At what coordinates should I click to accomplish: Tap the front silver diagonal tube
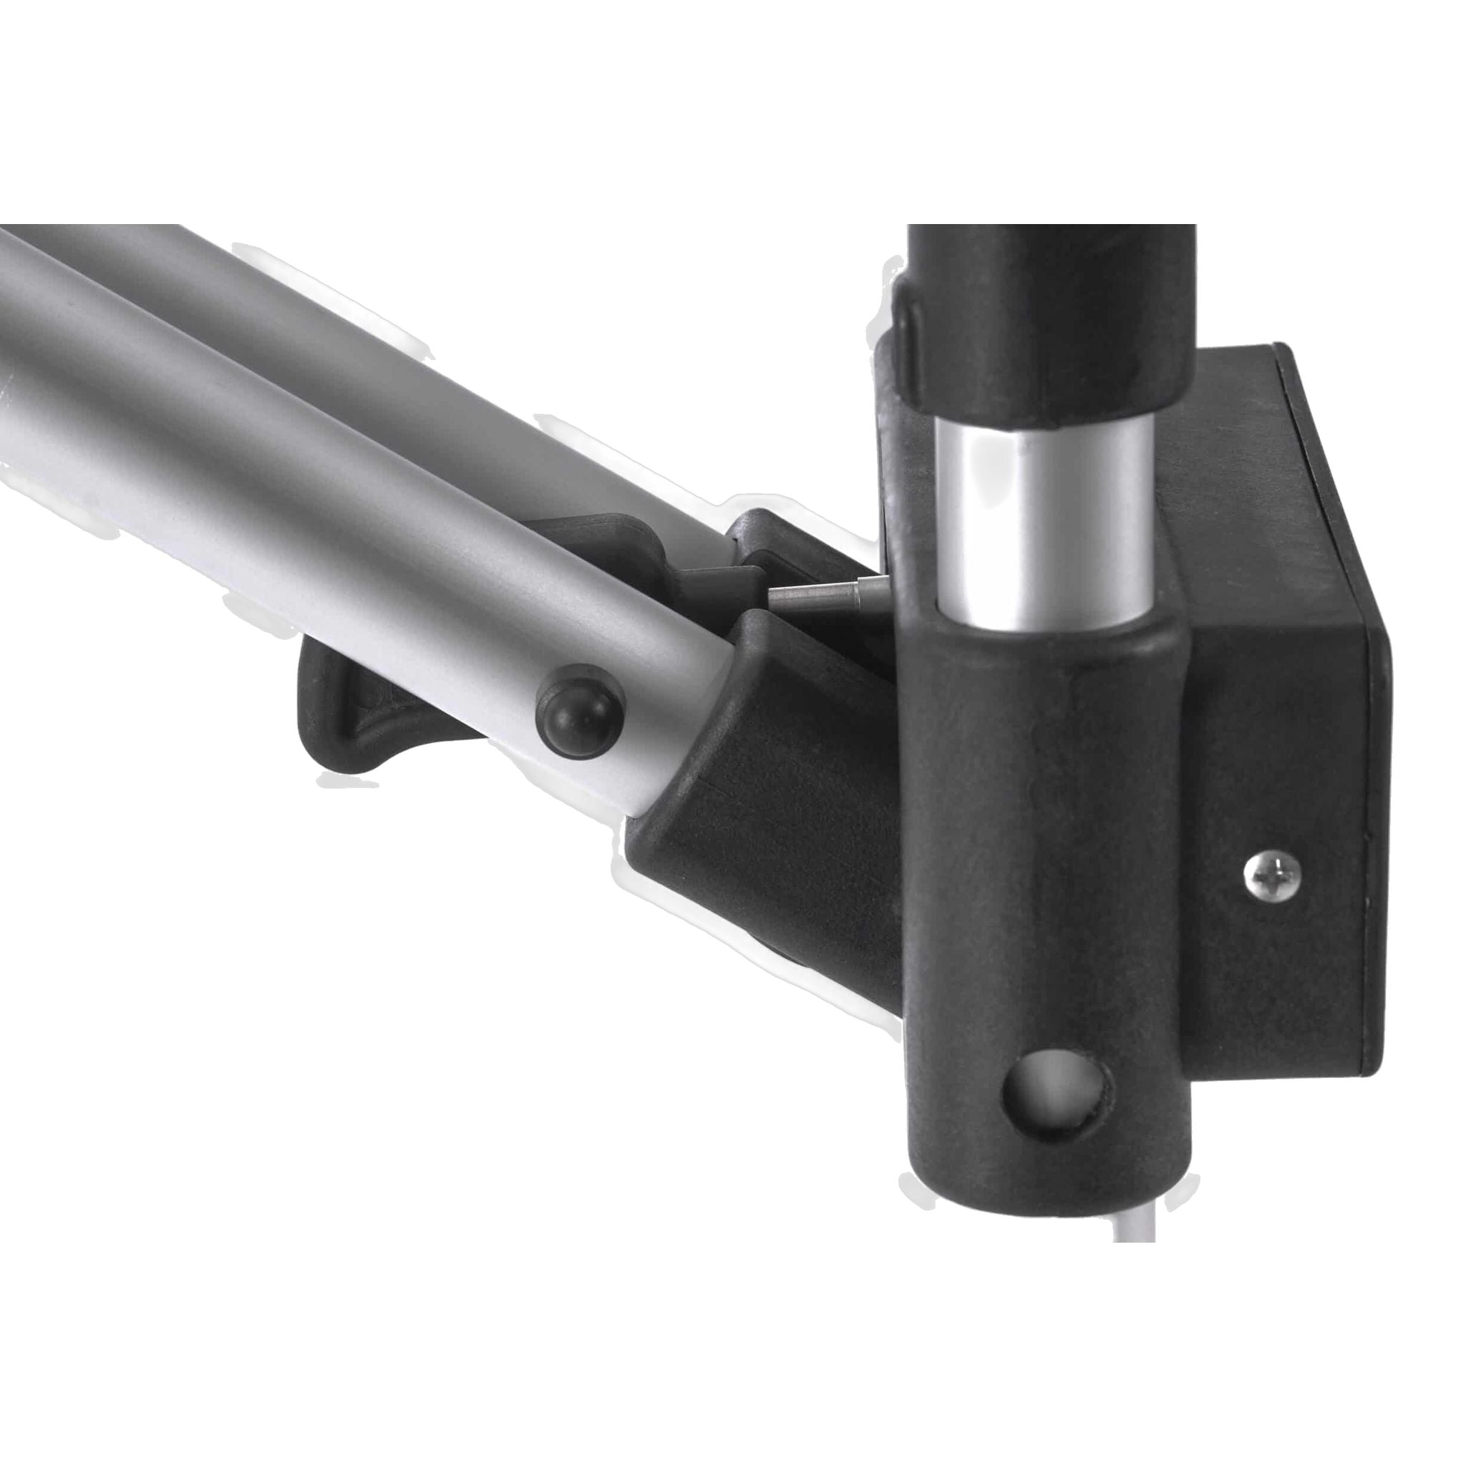pyautogui.click(x=304, y=485)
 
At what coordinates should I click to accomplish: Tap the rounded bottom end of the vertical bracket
pyautogui.click(x=1054, y=1184)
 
